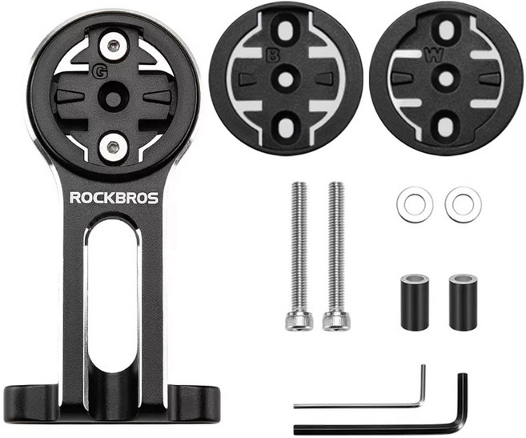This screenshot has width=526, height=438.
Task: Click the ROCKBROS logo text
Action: [114, 198]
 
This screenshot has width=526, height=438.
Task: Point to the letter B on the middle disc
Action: [272, 56]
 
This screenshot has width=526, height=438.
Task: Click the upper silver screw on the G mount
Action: [114, 46]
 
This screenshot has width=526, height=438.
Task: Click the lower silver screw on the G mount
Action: [114, 147]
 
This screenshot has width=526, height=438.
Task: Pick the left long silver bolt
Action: [299, 255]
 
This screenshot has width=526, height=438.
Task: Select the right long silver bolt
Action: [336, 255]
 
